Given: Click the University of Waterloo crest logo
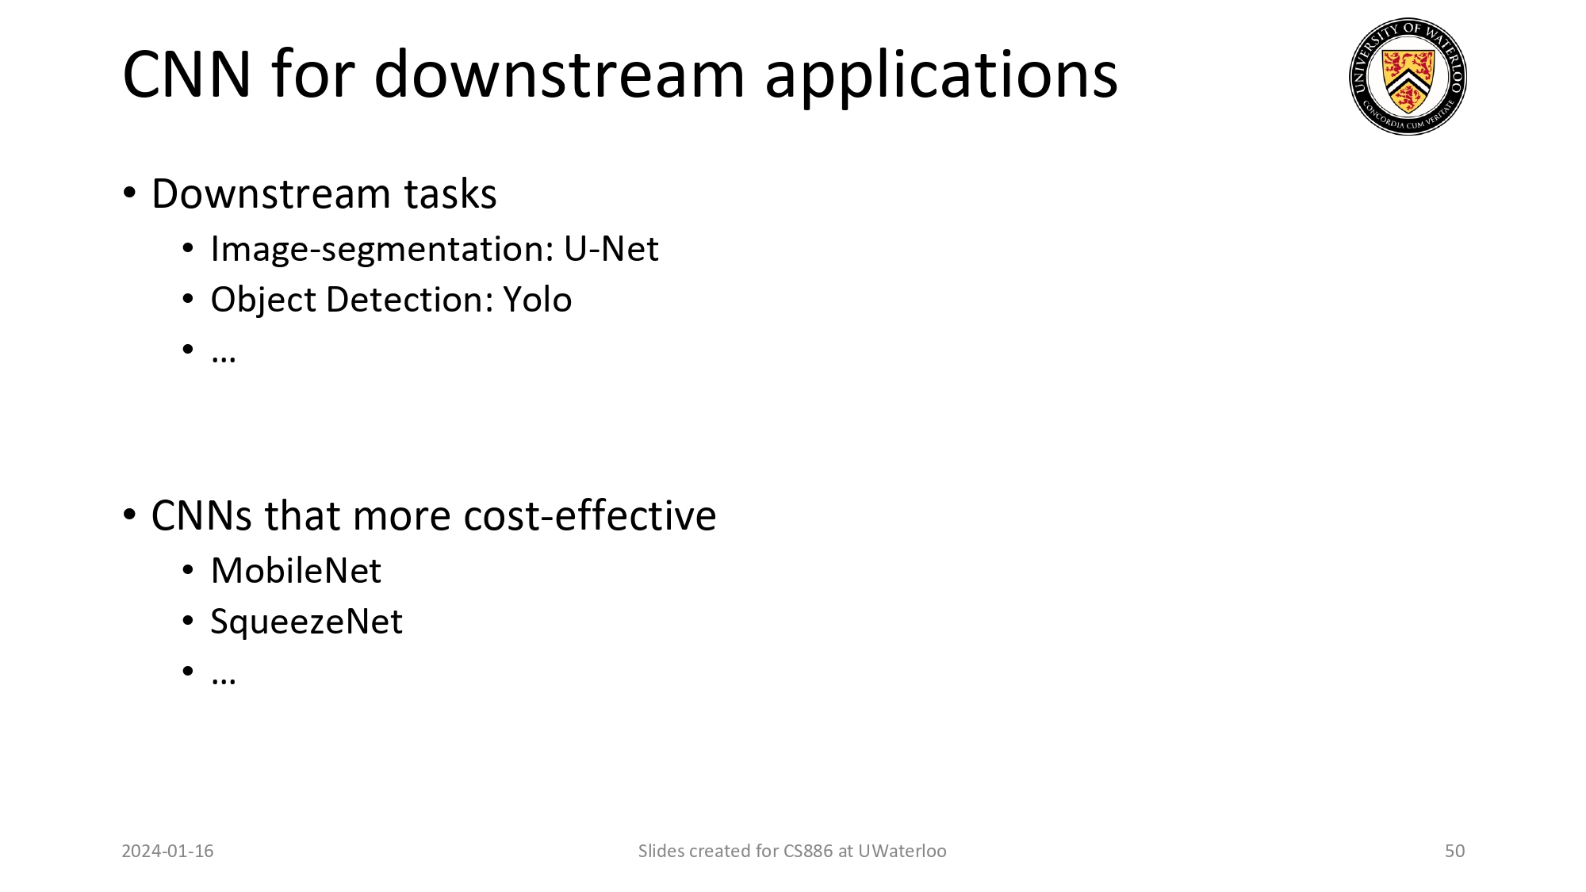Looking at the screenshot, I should tap(1408, 76).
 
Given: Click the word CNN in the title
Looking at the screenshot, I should tap(187, 75).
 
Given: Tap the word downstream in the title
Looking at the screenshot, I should tap(559, 75).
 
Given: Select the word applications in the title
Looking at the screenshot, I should tap(940, 76).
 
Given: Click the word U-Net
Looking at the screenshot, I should tap(611, 249).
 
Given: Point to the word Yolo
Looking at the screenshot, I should tap(537, 300).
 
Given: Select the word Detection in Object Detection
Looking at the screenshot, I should tap(409, 300).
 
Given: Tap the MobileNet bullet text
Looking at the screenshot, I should tap(296, 571).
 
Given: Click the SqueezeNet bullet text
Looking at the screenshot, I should tap(306, 622).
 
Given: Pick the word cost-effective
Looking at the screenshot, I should tap(589, 515).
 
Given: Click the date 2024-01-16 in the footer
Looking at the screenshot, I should tap(167, 851).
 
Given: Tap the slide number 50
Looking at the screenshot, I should tap(1454, 851).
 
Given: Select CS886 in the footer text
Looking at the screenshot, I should tap(807, 851).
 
